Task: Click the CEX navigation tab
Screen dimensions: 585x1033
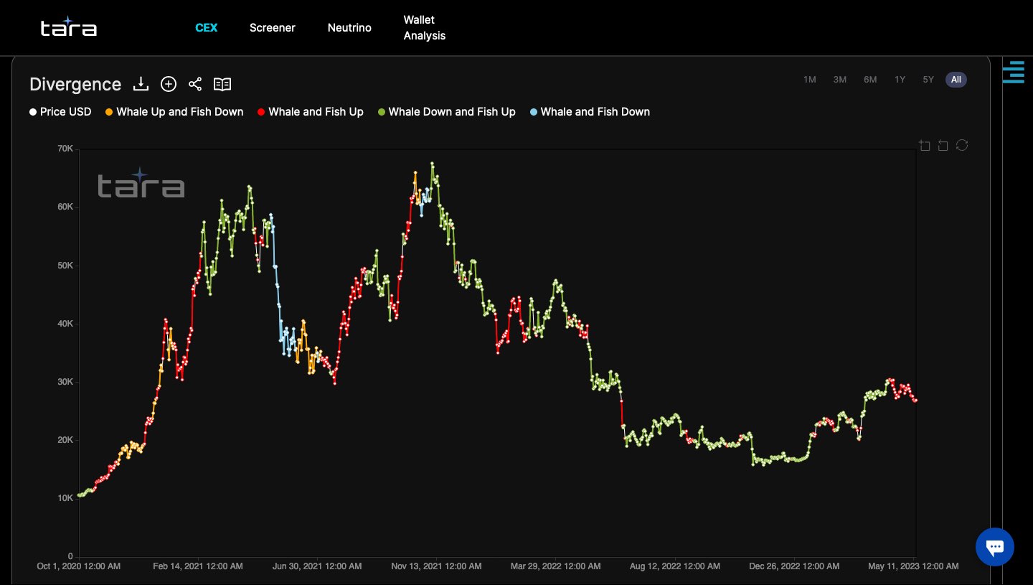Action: (x=207, y=28)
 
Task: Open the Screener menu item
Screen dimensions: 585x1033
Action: (x=272, y=28)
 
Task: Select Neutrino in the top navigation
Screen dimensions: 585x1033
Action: (x=349, y=28)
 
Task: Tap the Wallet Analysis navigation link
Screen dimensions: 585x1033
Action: (x=424, y=28)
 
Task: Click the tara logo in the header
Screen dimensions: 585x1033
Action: (x=69, y=27)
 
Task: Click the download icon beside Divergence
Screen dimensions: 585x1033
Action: (x=141, y=85)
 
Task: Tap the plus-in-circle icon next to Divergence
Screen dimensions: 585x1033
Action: (x=169, y=85)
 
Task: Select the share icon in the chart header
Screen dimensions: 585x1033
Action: (x=195, y=85)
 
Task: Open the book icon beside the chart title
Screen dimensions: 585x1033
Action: (x=222, y=85)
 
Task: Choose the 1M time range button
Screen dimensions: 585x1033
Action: (x=810, y=80)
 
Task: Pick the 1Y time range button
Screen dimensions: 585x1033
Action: (x=900, y=80)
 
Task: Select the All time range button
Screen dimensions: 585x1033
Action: (x=956, y=80)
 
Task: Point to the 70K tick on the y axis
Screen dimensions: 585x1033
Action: (x=65, y=149)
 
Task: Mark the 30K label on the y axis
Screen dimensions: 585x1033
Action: (x=65, y=382)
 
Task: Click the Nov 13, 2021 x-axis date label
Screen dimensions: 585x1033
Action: (x=436, y=566)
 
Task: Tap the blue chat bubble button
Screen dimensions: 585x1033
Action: (x=994, y=547)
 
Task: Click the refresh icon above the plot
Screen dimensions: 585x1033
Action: (x=962, y=146)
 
